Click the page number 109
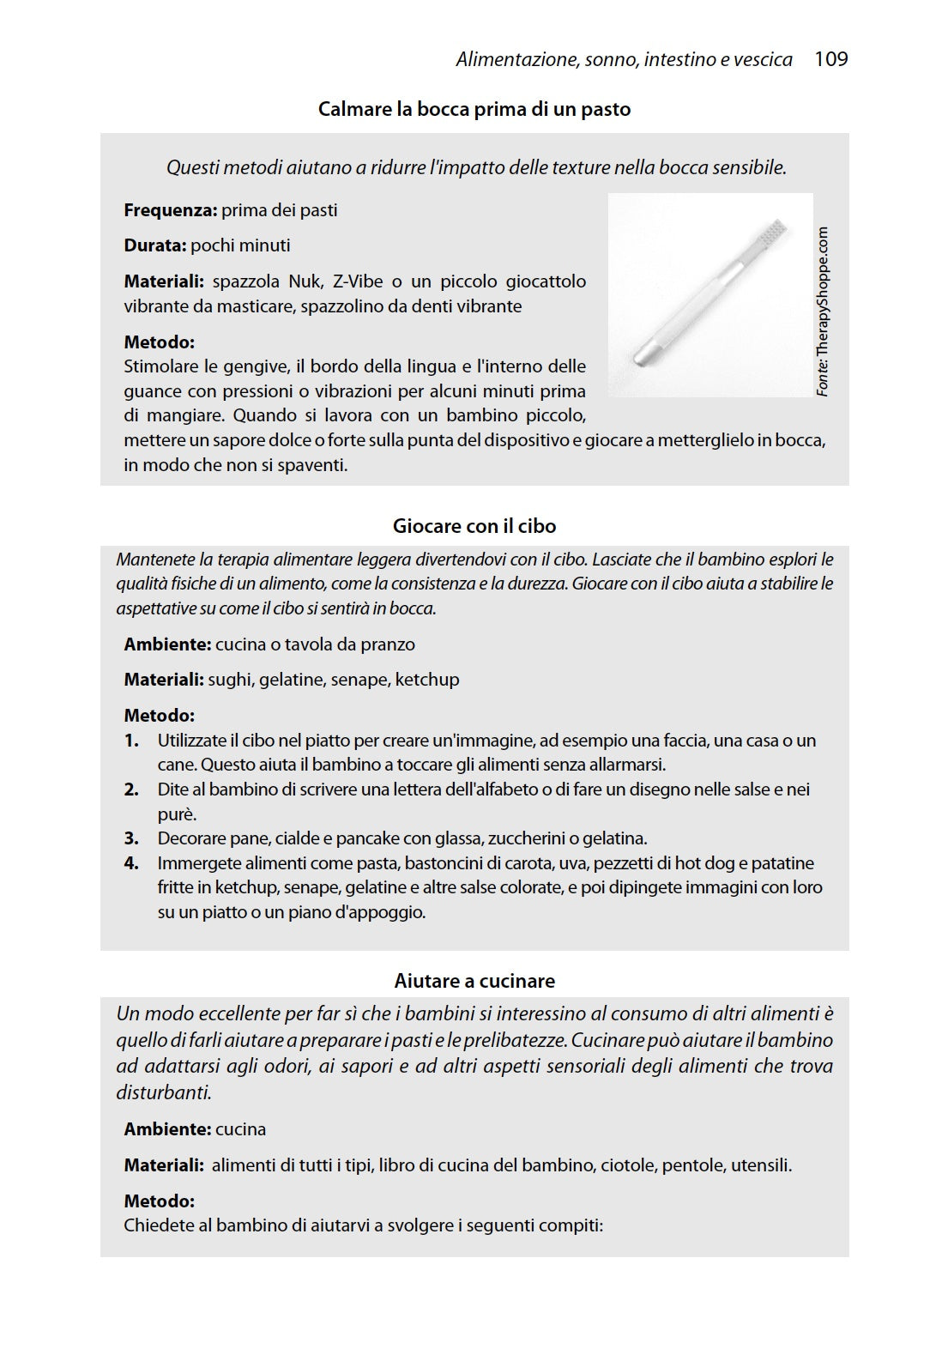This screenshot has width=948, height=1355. tap(830, 59)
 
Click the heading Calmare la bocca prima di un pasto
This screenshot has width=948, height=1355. tap(474, 110)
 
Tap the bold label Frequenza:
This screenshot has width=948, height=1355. tap(170, 210)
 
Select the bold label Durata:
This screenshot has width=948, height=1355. tap(154, 245)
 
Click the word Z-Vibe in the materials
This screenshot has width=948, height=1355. tap(351, 281)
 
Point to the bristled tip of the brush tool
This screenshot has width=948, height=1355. tap(775, 230)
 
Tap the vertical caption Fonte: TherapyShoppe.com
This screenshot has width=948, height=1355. tap(823, 311)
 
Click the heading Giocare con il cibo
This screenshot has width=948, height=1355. tap(474, 526)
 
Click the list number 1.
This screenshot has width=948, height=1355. tap(131, 741)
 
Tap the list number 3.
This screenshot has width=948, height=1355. tap(131, 838)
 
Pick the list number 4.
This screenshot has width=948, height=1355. tap(131, 863)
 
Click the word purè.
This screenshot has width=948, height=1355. tap(177, 814)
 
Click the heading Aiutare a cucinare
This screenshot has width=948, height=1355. tap(474, 981)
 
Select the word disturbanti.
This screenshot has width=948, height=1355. tap(163, 1093)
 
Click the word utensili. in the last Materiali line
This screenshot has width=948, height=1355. tap(761, 1165)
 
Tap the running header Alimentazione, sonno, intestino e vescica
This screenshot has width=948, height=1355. tap(624, 60)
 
